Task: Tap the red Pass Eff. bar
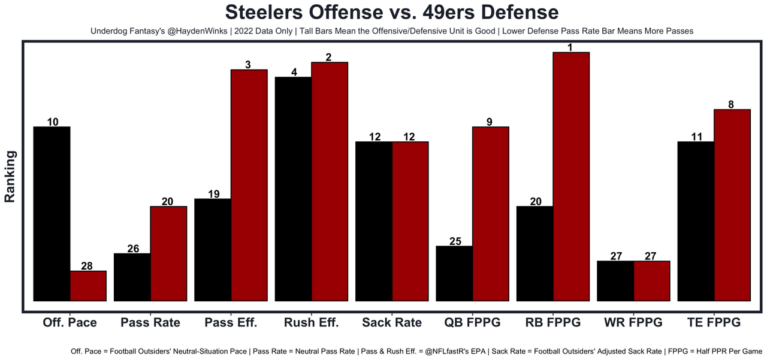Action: tap(249, 185)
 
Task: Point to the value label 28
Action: tap(87, 266)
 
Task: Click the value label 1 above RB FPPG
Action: tap(571, 47)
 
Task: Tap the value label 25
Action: tap(455, 241)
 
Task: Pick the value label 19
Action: tap(213, 194)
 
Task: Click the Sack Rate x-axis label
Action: tap(392, 322)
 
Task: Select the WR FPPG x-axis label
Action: tap(633, 322)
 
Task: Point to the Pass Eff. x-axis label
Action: tap(231, 322)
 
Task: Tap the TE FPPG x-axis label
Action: tap(714, 322)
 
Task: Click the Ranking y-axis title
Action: tap(10, 177)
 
